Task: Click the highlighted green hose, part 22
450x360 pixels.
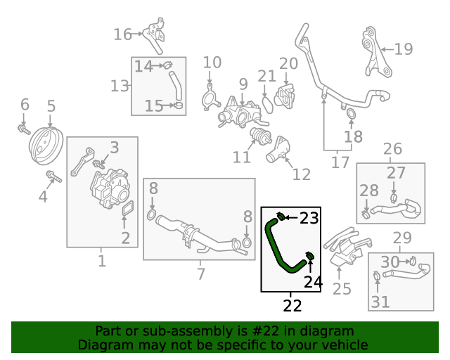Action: point(276,246)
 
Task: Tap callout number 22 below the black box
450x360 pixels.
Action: point(292,306)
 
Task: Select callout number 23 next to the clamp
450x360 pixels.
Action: point(309,218)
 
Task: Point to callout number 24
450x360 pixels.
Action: point(313,282)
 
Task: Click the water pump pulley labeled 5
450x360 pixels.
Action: point(46,146)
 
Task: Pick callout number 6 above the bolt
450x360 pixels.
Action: point(25,105)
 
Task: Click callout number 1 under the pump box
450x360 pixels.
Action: point(102,262)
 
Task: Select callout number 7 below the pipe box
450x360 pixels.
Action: point(200,274)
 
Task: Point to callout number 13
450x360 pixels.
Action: point(120,86)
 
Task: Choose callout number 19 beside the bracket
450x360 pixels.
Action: point(403,49)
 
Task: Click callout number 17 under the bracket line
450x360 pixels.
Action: point(340,162)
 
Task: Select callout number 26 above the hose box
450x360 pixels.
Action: point(392,149)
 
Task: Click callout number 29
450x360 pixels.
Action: point(402,238)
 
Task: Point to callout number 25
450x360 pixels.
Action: point(342,288)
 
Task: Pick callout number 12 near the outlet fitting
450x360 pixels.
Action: point(301,174)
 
